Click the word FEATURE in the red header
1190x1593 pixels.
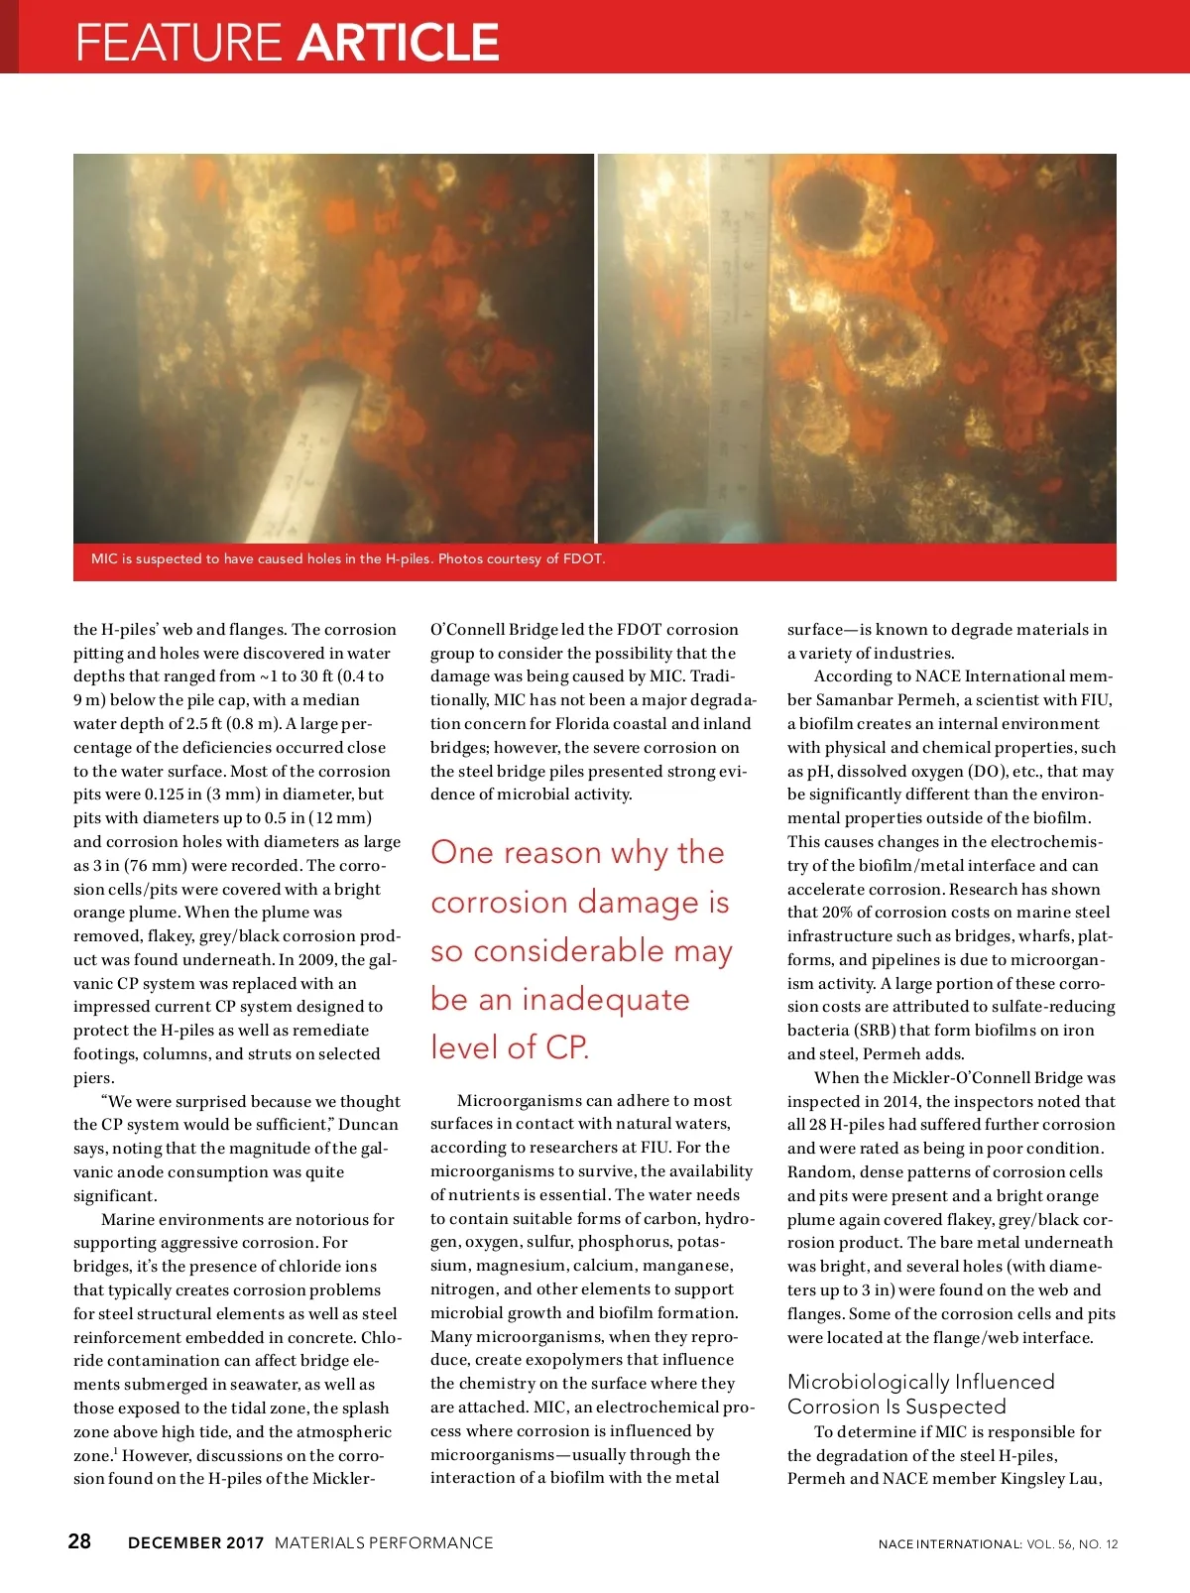point(178,42)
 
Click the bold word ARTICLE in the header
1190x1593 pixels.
point(398,42)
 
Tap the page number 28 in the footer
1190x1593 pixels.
point(79,1540)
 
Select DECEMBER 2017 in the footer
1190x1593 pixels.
point(195,1542)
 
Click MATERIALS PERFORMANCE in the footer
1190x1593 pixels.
point(384,1542)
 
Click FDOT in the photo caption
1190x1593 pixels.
point(583,558)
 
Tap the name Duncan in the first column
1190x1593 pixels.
point(368,1124)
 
